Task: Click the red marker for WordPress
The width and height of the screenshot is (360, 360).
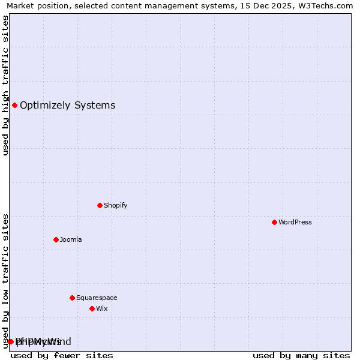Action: [274, 222]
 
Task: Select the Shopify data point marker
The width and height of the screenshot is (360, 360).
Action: [100, 205]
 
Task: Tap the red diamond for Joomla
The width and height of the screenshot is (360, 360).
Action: [56, 239]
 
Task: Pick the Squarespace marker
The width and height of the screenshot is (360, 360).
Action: [72, 298]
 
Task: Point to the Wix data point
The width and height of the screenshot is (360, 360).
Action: [92, 308]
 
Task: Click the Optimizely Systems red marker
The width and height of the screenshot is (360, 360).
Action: [14, 106]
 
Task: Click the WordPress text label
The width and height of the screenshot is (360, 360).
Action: [295, 222]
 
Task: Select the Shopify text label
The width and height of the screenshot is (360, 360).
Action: [115, 205]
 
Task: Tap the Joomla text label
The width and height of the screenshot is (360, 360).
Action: [71, 239]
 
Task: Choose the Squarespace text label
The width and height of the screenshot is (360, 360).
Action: [97, 298]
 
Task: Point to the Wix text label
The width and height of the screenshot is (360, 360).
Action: [101, 308]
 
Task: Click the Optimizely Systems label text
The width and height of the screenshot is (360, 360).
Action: [67, 106]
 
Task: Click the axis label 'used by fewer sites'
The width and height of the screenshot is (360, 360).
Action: [62, 355]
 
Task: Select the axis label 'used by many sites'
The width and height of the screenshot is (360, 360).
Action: [301, 355]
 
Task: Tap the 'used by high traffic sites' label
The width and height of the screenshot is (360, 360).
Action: [5, 85]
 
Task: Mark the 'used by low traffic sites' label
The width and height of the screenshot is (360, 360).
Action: [5, 281]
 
